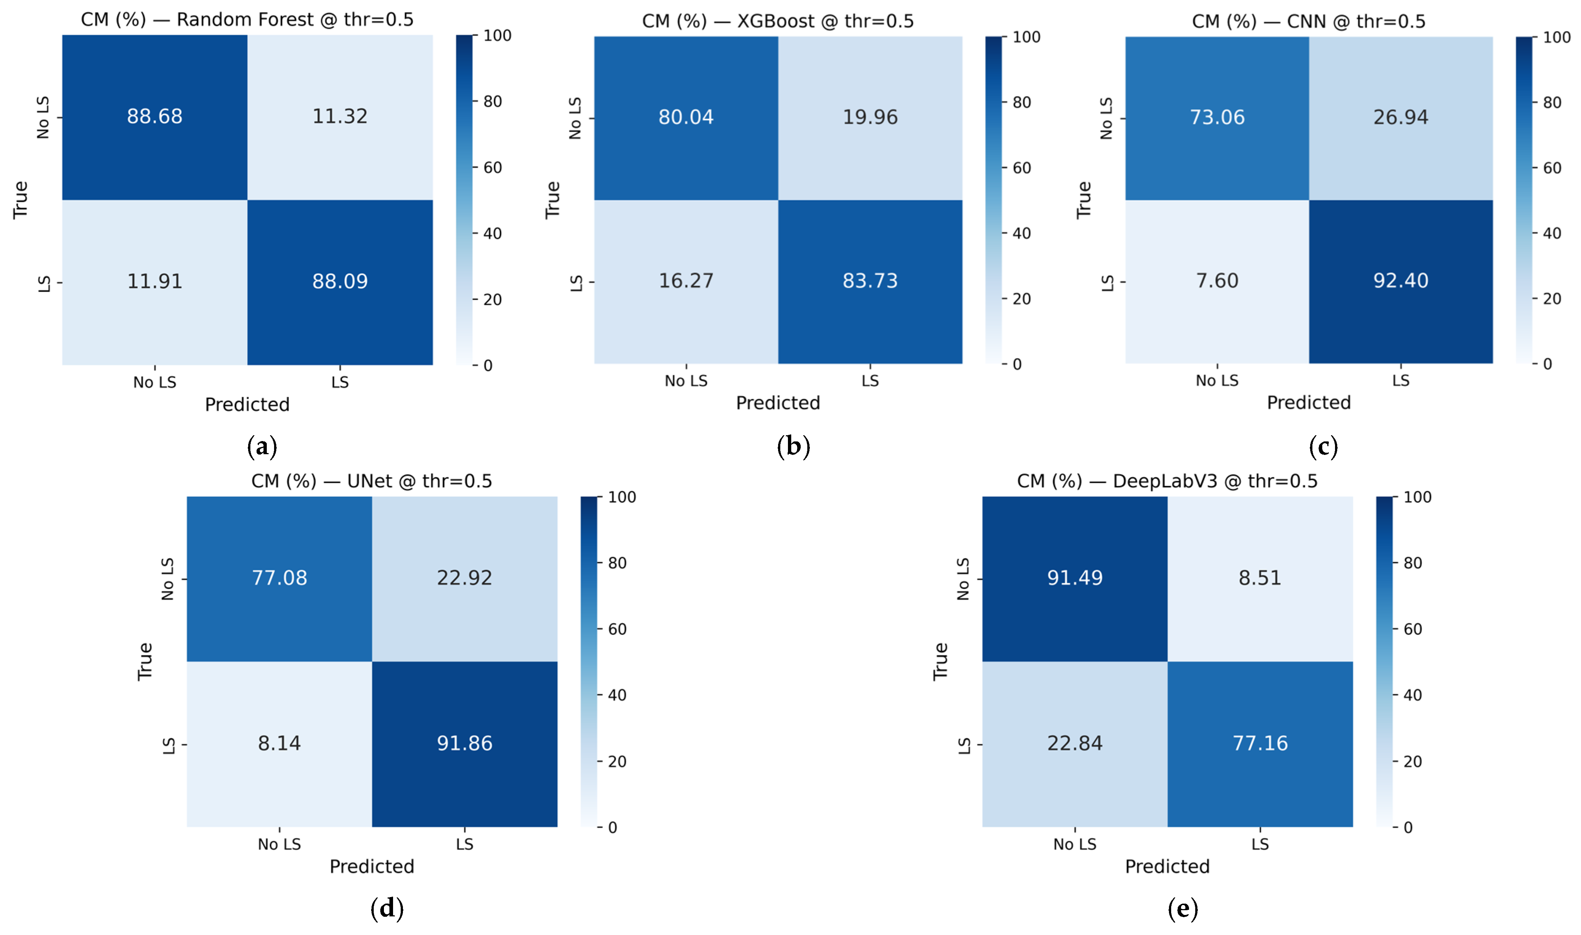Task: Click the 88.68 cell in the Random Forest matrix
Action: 154,117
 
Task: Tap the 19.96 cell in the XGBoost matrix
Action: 870,118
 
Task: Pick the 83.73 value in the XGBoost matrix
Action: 870,281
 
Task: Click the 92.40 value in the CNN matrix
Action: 1401,281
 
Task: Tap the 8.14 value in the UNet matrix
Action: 279,743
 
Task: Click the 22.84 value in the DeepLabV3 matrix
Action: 1075,743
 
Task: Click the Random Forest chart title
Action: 247,20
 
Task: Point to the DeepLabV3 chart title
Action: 1167,481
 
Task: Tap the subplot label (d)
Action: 387,908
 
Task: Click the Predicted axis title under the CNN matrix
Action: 1309,403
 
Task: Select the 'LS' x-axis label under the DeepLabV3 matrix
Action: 1260,844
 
